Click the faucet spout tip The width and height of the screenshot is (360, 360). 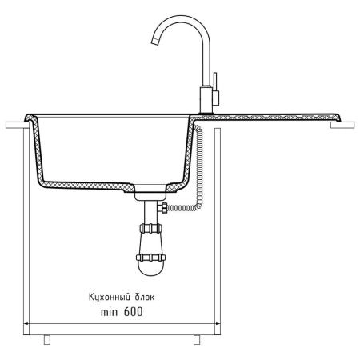(x=155, y=41)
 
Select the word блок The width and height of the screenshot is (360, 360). (x=145, y=297)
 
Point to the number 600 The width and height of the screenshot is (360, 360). (x=133, y=312)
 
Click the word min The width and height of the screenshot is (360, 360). (x=109, y=312)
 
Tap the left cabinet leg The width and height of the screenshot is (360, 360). (x=47, y=339)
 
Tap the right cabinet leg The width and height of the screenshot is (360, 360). (x=197, y=339)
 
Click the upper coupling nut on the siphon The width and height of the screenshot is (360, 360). (x=150, y=228)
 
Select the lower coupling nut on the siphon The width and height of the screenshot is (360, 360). (x=150, y=258)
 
